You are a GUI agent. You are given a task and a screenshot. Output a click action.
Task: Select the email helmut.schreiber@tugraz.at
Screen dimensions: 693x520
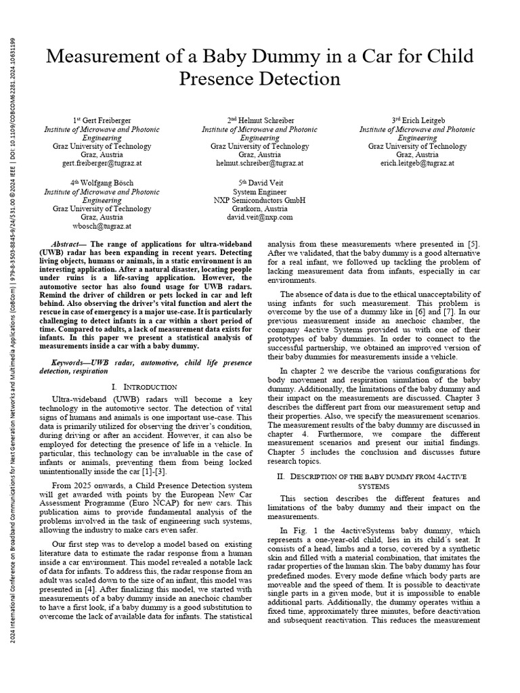(259, 164)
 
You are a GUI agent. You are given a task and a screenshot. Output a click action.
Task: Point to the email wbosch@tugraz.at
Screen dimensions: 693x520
(102, 226)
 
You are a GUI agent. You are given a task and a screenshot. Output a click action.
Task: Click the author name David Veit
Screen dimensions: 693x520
(265, 183)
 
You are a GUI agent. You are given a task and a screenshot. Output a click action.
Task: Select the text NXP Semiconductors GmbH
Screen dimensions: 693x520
(259, 200)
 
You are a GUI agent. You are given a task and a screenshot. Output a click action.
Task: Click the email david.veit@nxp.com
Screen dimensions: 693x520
(259, 217)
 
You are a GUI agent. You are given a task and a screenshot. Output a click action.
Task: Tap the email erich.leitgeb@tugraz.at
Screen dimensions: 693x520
(417, 164)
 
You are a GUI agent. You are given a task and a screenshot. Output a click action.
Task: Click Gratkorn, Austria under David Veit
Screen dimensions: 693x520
(259, 209)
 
